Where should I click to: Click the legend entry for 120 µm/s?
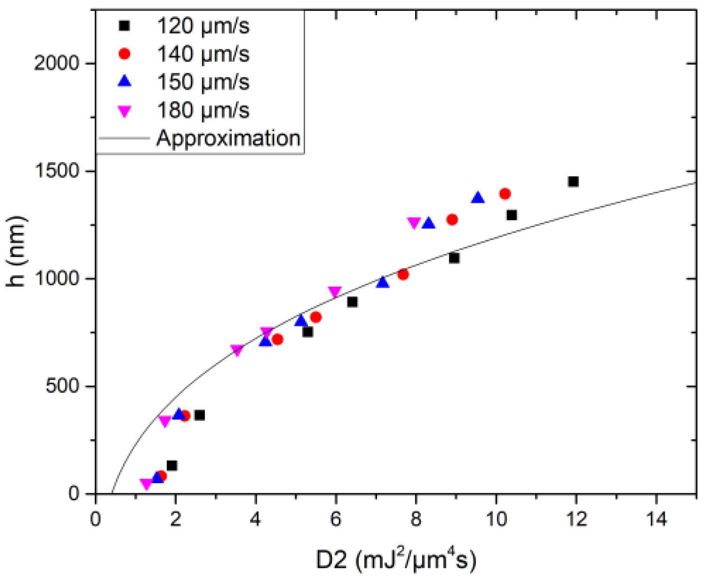(203, 26)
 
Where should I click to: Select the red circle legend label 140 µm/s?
(203, 54)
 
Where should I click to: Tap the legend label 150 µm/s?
(203, 82)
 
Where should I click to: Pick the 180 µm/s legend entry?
(203, 110)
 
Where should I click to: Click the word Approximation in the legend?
(228, 138)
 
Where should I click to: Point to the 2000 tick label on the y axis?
(57, 63)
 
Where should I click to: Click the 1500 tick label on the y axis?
(57, 171)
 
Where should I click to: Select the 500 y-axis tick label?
(62, 386)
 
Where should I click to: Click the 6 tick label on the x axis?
(336, 519)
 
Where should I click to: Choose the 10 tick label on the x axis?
(496, 519)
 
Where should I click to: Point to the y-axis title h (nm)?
(16, 252)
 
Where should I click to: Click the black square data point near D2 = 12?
(573, 182)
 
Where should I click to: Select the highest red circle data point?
(505, 194)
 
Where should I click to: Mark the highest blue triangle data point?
(478, 198)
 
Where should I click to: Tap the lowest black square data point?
(172, 466)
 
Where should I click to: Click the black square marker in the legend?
(125, 26)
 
